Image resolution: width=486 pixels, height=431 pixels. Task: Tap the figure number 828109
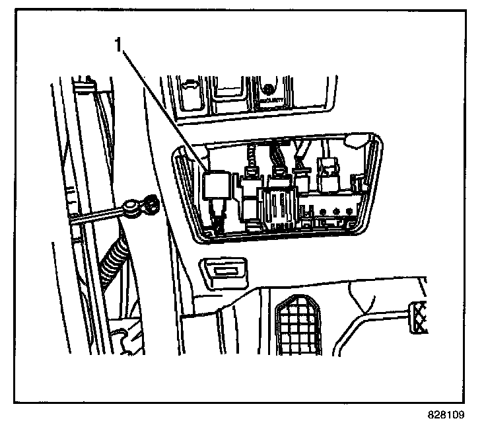click(x=446, y=416)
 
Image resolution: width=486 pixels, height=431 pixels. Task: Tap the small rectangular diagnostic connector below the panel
click(x=224, y=272)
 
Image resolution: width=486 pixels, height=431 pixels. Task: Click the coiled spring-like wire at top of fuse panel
click(x=251, y=159)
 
